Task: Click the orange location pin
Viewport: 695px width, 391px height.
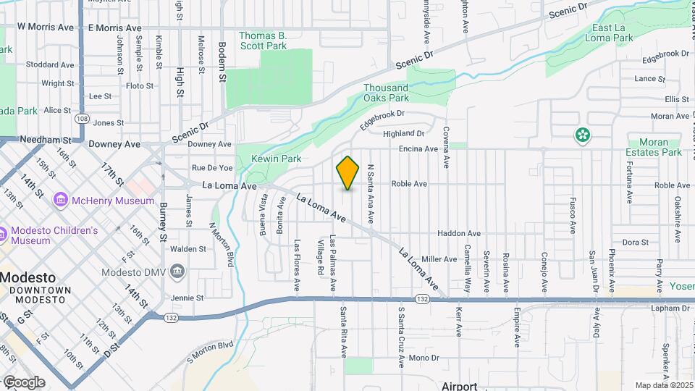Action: (x=347, y=172)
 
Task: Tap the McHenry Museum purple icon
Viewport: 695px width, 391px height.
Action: (x=60, y=200)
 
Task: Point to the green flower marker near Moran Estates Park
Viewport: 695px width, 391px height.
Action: (x=582, y=135)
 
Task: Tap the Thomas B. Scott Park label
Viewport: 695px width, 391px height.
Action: (x=263, y=40)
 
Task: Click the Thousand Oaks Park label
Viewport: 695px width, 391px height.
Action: (x=386, y=93)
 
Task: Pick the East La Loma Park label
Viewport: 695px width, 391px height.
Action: (x=609, y=33)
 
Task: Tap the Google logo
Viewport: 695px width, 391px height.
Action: (x=23, y=382)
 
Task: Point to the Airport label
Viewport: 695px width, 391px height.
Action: (x=460, y=386)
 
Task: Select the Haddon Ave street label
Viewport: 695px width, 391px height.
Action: (x=458, y=234)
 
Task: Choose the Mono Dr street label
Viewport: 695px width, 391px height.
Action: (x=424, y=358)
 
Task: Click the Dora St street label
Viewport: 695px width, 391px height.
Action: (x=635, y=242)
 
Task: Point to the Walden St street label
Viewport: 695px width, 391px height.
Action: (x=188, y=249)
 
